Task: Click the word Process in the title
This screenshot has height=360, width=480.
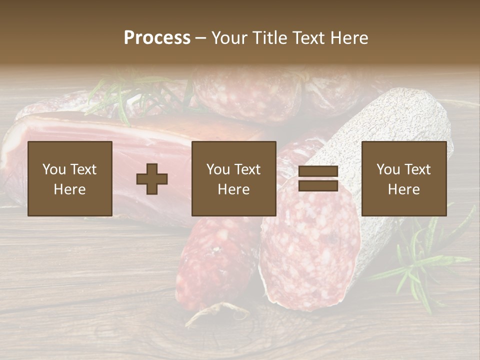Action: click(157, 38)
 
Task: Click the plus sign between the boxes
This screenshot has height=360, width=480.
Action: click(152, 178)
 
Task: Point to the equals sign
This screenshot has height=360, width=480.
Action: click(318, 178)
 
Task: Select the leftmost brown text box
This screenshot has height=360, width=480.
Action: click(69, 178)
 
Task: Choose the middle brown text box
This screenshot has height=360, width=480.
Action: click(233, 178)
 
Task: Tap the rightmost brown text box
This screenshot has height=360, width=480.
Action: click(403, 178)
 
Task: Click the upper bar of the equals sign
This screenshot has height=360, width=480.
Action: click(318, 171)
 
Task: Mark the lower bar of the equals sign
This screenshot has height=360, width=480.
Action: click(318, 185)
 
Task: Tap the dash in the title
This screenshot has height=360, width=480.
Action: click(201, 38)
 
